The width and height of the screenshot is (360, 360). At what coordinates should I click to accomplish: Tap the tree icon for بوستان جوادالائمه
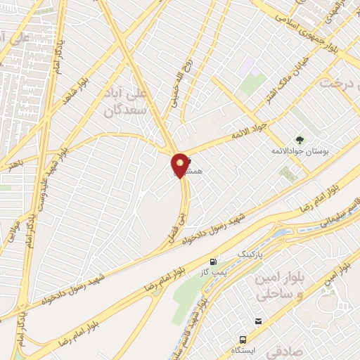300,139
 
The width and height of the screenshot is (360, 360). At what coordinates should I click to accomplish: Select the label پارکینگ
254,252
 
